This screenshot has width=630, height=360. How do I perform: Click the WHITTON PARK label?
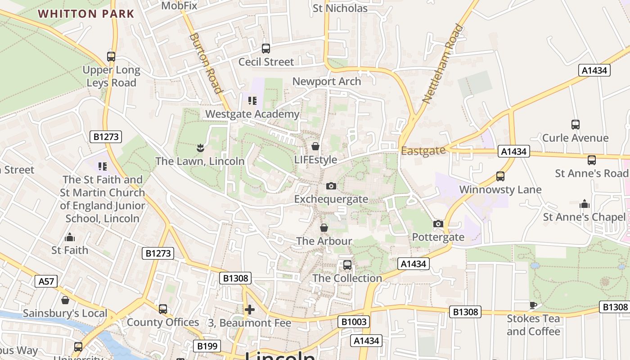tap(86, 13)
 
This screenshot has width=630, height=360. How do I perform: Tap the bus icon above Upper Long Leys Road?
tap(111, 57)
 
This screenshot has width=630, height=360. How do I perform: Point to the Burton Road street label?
tap(206, 63)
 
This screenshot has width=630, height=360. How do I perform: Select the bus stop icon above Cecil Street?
tap(266, 48)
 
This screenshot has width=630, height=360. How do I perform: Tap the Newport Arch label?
tap(327, 81)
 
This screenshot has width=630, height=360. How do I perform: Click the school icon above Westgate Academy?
tap(252, 100)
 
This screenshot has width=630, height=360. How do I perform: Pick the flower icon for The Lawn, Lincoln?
tap(200, 148)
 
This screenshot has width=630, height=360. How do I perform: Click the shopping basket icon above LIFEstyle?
tap(315, 146)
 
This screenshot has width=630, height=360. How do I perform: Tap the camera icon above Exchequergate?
tap(331, 186)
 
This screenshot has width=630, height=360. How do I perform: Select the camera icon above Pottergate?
tap(438, 224)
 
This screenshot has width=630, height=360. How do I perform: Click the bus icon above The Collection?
tap(347, 265)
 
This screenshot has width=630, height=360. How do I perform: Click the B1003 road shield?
tap(354, 322)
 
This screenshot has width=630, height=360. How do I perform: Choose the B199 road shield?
tap(207, 346)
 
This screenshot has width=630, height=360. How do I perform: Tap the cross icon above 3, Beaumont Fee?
tap(250, 309)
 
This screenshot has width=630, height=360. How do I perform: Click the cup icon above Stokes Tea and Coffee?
tap(534, 305)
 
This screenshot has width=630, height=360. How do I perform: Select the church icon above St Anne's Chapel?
tap(585, 204)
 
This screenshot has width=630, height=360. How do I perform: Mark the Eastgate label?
tap(423, 151)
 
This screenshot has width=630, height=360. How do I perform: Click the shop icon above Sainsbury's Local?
tap(65, 300)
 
